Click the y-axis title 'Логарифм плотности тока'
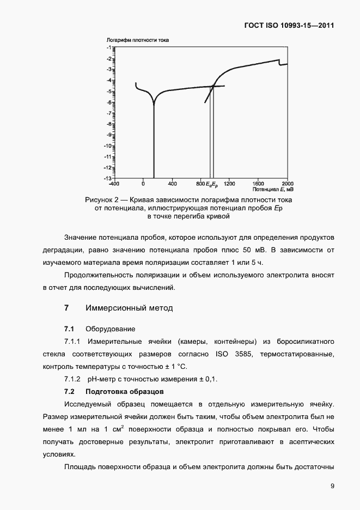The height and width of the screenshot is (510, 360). pos(139,40)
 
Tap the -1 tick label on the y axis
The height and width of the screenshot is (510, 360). pos(109,48)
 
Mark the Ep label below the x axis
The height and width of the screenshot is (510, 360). pos(215,184)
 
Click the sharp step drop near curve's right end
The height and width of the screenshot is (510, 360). pos(279,63)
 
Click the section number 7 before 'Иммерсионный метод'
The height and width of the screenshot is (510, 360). pos(66,308)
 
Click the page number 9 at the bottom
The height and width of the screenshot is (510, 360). pos(332,486)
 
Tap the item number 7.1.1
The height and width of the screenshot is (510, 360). pos(72,342)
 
